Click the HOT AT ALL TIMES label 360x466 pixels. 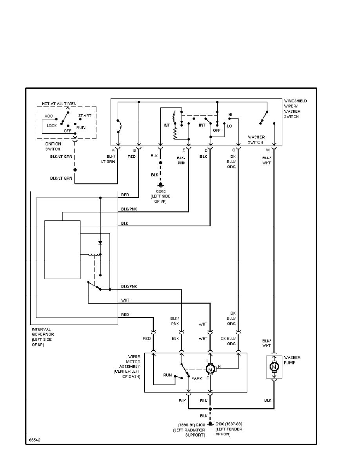tap(59, 104)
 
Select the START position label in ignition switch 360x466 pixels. tap(85, 116)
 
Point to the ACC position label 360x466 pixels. tap(49, 116)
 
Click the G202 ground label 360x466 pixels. tap(160, 191)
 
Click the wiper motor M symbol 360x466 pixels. tap(210, 369)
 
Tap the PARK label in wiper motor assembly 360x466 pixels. tap(197, 378)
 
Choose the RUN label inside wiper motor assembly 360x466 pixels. tap(167, 375)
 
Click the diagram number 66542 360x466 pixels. tap(35, 440)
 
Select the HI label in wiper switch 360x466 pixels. tap(231, 115)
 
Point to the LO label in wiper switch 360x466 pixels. tap(229, 126)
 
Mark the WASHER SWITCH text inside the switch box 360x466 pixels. tap(256, 140)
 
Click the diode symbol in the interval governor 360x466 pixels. tap(100, 243)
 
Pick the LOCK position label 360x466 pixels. tap(52, 126)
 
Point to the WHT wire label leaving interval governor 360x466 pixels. tap(125, 300)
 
